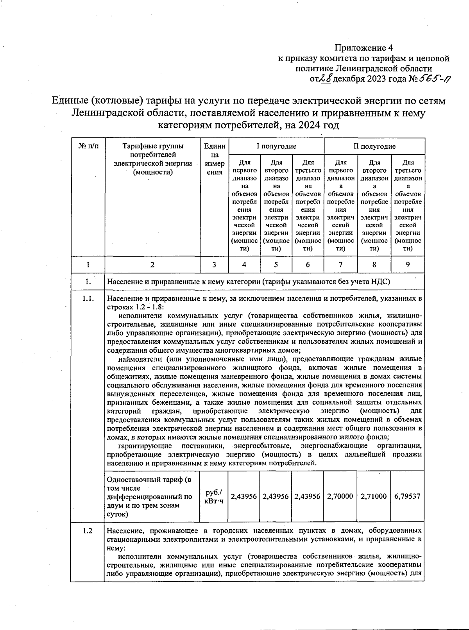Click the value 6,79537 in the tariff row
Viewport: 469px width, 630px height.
(x=408, y=496)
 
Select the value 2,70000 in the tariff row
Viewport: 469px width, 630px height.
(x=340, y=496)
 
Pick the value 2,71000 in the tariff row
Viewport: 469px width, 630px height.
(x=374, y=496)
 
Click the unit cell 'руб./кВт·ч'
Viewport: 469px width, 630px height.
(x=214, y=496)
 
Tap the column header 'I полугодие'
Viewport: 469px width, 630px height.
(x=276, y=146)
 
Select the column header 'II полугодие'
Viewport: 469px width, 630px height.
(x=374, y=146)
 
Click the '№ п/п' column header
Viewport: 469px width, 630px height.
(x=88, y=146)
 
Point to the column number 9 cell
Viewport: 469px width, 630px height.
(x=408, y=265)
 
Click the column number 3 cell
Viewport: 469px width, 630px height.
(x=214, y=265)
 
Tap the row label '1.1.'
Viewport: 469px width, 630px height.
(x=88, y=299)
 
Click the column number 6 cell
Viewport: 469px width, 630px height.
(x=308, y=265)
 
